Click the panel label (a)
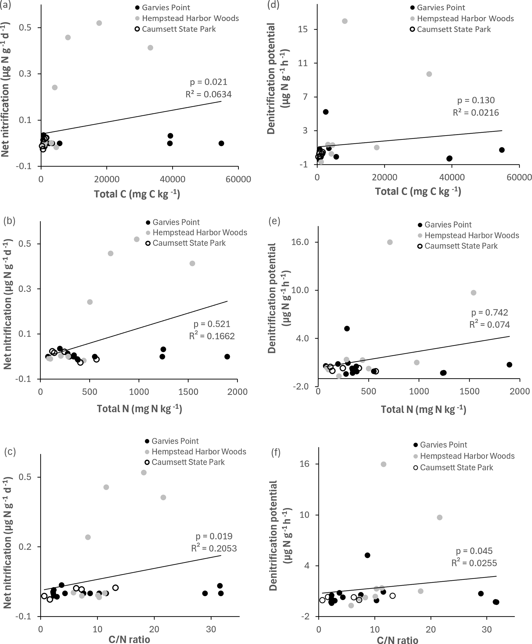pos(5,5)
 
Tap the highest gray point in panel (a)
pos(99,23)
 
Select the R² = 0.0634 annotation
pos(208,95)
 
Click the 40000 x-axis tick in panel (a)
pos(172,179)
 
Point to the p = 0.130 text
pos(476,100)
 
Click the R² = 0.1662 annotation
pos(212,336)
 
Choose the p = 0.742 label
pos(489,313)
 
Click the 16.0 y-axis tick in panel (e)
pos(300,242)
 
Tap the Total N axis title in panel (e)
pos(424,409)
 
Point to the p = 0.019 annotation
pos(214,536)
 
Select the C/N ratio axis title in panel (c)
pos(129,639)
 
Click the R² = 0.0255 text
pos(474,563)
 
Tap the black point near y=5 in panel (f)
pos(368,555)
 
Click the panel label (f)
pos(276,453)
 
